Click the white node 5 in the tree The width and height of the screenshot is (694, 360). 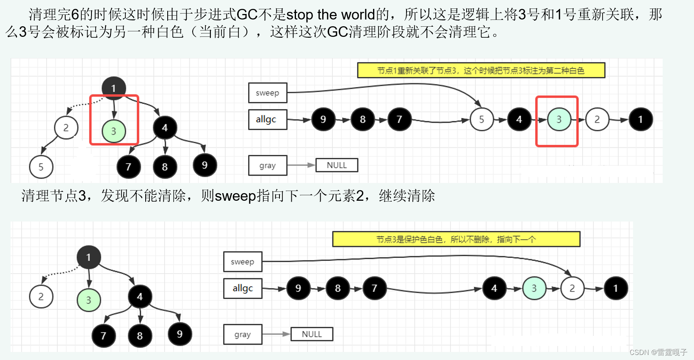(41, 167)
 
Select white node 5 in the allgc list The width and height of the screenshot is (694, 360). (481, 119)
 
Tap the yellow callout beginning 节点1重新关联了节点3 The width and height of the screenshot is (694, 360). (481, 70)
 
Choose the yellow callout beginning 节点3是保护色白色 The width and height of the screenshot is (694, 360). (456, 239)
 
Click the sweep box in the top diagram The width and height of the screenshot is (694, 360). (268, 93)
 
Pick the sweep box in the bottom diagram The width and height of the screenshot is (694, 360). (243, 262)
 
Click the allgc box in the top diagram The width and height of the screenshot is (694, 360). (268, 119)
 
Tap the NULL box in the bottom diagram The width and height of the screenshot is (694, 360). (312, 334)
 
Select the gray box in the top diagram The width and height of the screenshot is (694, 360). (268, 165)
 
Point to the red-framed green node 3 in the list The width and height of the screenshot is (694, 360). (559, 119)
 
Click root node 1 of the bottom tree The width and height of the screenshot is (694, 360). (88, 257)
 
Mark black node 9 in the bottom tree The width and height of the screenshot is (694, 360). (180, 334)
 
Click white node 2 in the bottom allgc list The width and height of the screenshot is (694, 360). (572, 288)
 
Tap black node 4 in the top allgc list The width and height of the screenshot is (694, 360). (519, 119)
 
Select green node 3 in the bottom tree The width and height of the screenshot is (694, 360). (88, 300)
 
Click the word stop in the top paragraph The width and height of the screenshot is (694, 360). (300, 15)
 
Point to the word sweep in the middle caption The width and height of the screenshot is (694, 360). (235, 196)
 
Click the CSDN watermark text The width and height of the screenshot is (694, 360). (658, 352)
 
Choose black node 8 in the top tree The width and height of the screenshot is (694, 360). (165, 167)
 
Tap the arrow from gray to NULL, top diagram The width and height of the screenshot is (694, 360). (301, 165)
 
